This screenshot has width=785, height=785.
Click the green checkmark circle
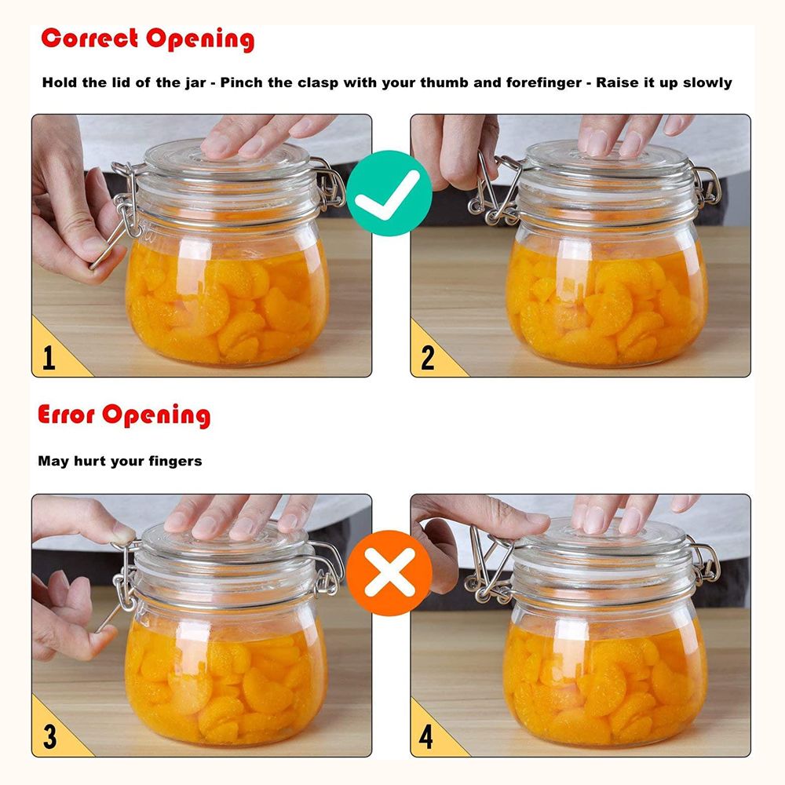pos(389,193)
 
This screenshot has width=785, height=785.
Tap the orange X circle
pos(389,573)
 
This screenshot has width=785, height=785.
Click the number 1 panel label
pos(49,357)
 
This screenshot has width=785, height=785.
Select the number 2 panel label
pos(428,357)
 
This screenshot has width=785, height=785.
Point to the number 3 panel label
pos(49,736)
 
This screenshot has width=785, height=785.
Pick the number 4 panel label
pos(426,736)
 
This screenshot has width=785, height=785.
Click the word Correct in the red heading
pos(89,38)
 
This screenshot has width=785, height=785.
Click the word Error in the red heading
pos(66,414)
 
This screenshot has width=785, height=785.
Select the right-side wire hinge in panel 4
pos(705,560)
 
